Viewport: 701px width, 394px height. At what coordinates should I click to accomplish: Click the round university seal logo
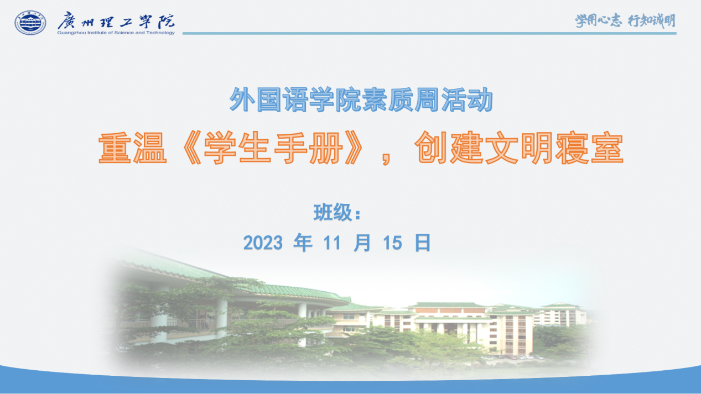coord(30,23)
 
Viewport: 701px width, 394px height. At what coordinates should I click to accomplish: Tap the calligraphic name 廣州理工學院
coord(116,20)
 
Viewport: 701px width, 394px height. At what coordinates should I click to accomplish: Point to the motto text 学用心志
coord(598,20)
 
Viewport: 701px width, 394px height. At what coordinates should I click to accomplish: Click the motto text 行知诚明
coord(652,20)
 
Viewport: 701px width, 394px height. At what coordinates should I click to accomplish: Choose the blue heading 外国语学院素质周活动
coord(361,99)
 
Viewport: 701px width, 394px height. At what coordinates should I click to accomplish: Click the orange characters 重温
coord(132,148)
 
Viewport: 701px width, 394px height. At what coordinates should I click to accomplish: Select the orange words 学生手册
coord(273,148)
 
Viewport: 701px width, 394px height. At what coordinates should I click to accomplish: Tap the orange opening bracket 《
coord(190,148)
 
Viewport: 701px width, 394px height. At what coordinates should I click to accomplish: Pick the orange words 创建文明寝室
coord(519,148)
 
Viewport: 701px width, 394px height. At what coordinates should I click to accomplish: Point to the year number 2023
coord(263,243)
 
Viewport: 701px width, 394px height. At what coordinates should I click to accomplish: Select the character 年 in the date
coord(303,243)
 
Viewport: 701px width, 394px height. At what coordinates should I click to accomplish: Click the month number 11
coord(332,243)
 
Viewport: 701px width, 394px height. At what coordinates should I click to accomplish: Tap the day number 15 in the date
coord(392,243)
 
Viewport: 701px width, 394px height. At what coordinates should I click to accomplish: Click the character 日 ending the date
coord(423,243)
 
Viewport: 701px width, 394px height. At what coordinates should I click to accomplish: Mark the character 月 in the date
coord(362,243)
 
